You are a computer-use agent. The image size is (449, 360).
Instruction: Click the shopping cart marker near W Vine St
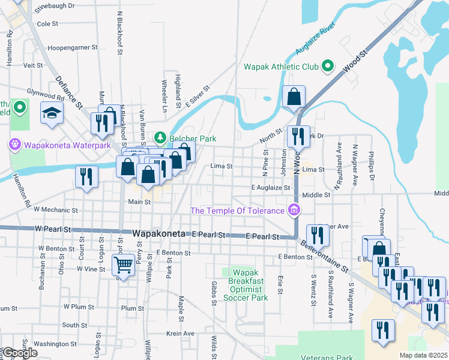pyautogui.click(x=123, y=264)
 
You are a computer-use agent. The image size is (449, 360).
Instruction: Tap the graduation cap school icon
pyautogui.click(x=52, y=112)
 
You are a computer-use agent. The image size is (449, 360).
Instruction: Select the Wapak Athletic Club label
pyautogui.click(x=281, y=67)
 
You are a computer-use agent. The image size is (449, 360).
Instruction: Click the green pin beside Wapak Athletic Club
pyautogui.click(x=328, y=66)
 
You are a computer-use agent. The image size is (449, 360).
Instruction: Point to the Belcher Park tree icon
pyautogui.click(x=160, y=139)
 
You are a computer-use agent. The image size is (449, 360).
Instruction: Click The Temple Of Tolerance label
pyautogui.click(x=237, y=211)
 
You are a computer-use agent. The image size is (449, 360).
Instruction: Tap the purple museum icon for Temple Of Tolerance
pyautogui.click(x=294, y=210)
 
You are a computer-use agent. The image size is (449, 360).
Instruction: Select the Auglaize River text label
pyautogui.click(x=315, y=40)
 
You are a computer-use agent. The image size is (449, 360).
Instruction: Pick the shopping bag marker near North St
pyautogui.click(x=294, y=96)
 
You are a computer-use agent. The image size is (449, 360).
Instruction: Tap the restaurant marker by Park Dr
pyautogui.click(x=298, y=137)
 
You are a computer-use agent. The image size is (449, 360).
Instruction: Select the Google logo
pyautogui.click(x=19, y=353)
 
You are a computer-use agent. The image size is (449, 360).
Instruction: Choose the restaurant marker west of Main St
pyautogui.click(x=86, y=176)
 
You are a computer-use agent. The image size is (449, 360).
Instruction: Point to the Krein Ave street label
pyautogui.click(x=181, y=333)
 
